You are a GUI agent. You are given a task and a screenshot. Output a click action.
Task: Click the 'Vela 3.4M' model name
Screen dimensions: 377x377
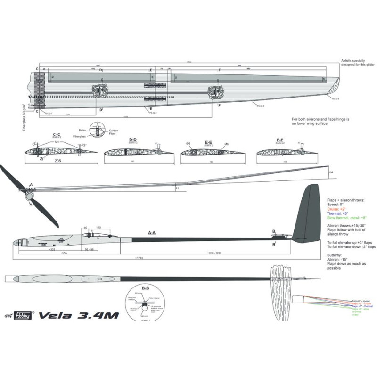pyautogui.click(x=78, y=315)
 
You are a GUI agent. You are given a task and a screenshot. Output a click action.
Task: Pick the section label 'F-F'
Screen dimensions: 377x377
pyautogui.click(x=280, y=139)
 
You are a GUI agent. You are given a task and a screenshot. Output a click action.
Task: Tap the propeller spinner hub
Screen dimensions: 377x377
pyautogui.click(x=30, y=194)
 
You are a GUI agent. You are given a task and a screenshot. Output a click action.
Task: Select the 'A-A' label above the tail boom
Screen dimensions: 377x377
pyautogui.click(x=152, y=233)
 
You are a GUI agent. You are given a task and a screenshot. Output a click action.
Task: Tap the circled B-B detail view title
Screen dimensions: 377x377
pyautogui.click(x=145, y=287)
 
